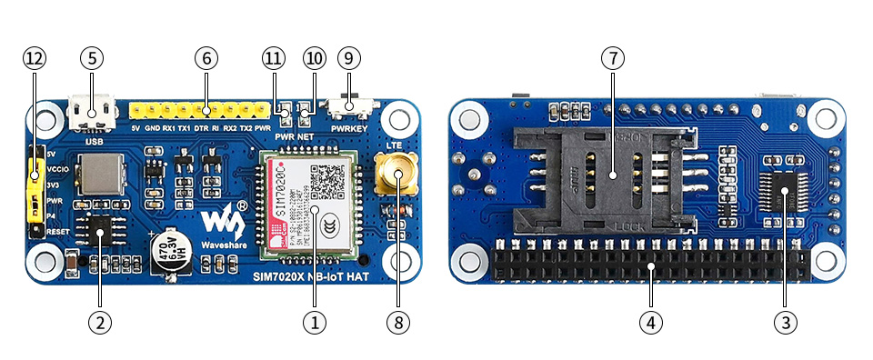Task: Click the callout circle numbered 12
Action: pos(34,58)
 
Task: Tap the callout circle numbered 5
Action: pos(91,58)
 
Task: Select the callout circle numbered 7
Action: pos(613,58)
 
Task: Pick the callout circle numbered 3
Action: pos(784,321)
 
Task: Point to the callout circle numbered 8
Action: pos(396,321)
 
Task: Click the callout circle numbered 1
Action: pos(314,321)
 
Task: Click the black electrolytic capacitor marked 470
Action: pos(170,249)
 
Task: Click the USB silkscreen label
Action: pos(92,141)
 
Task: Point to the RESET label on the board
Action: pos(57,232)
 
